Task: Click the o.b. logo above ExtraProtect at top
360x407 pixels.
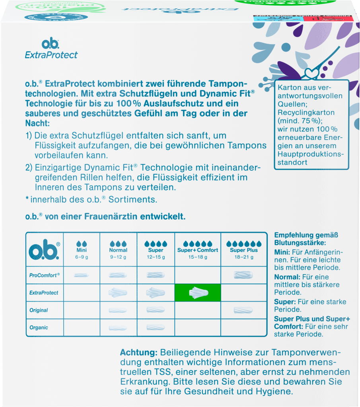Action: point(51,43)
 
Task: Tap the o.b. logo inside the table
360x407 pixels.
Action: point(44,249)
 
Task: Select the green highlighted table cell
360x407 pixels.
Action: point(197,292)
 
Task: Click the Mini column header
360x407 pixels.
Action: point(82,250)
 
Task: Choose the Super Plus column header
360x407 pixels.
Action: point(243,250)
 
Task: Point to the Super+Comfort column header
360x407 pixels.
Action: point(198,250)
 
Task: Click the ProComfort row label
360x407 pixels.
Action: point(44,275)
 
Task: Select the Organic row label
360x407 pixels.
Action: point(39,327)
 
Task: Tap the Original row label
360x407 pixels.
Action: point(39,310)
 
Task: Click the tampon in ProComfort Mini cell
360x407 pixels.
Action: point(82,275)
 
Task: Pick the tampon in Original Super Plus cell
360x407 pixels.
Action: point(243,310)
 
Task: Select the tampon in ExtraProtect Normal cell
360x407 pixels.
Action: point(118,293)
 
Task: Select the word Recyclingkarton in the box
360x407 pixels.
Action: point(306,113)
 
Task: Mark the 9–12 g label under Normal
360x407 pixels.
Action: point(118,257)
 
